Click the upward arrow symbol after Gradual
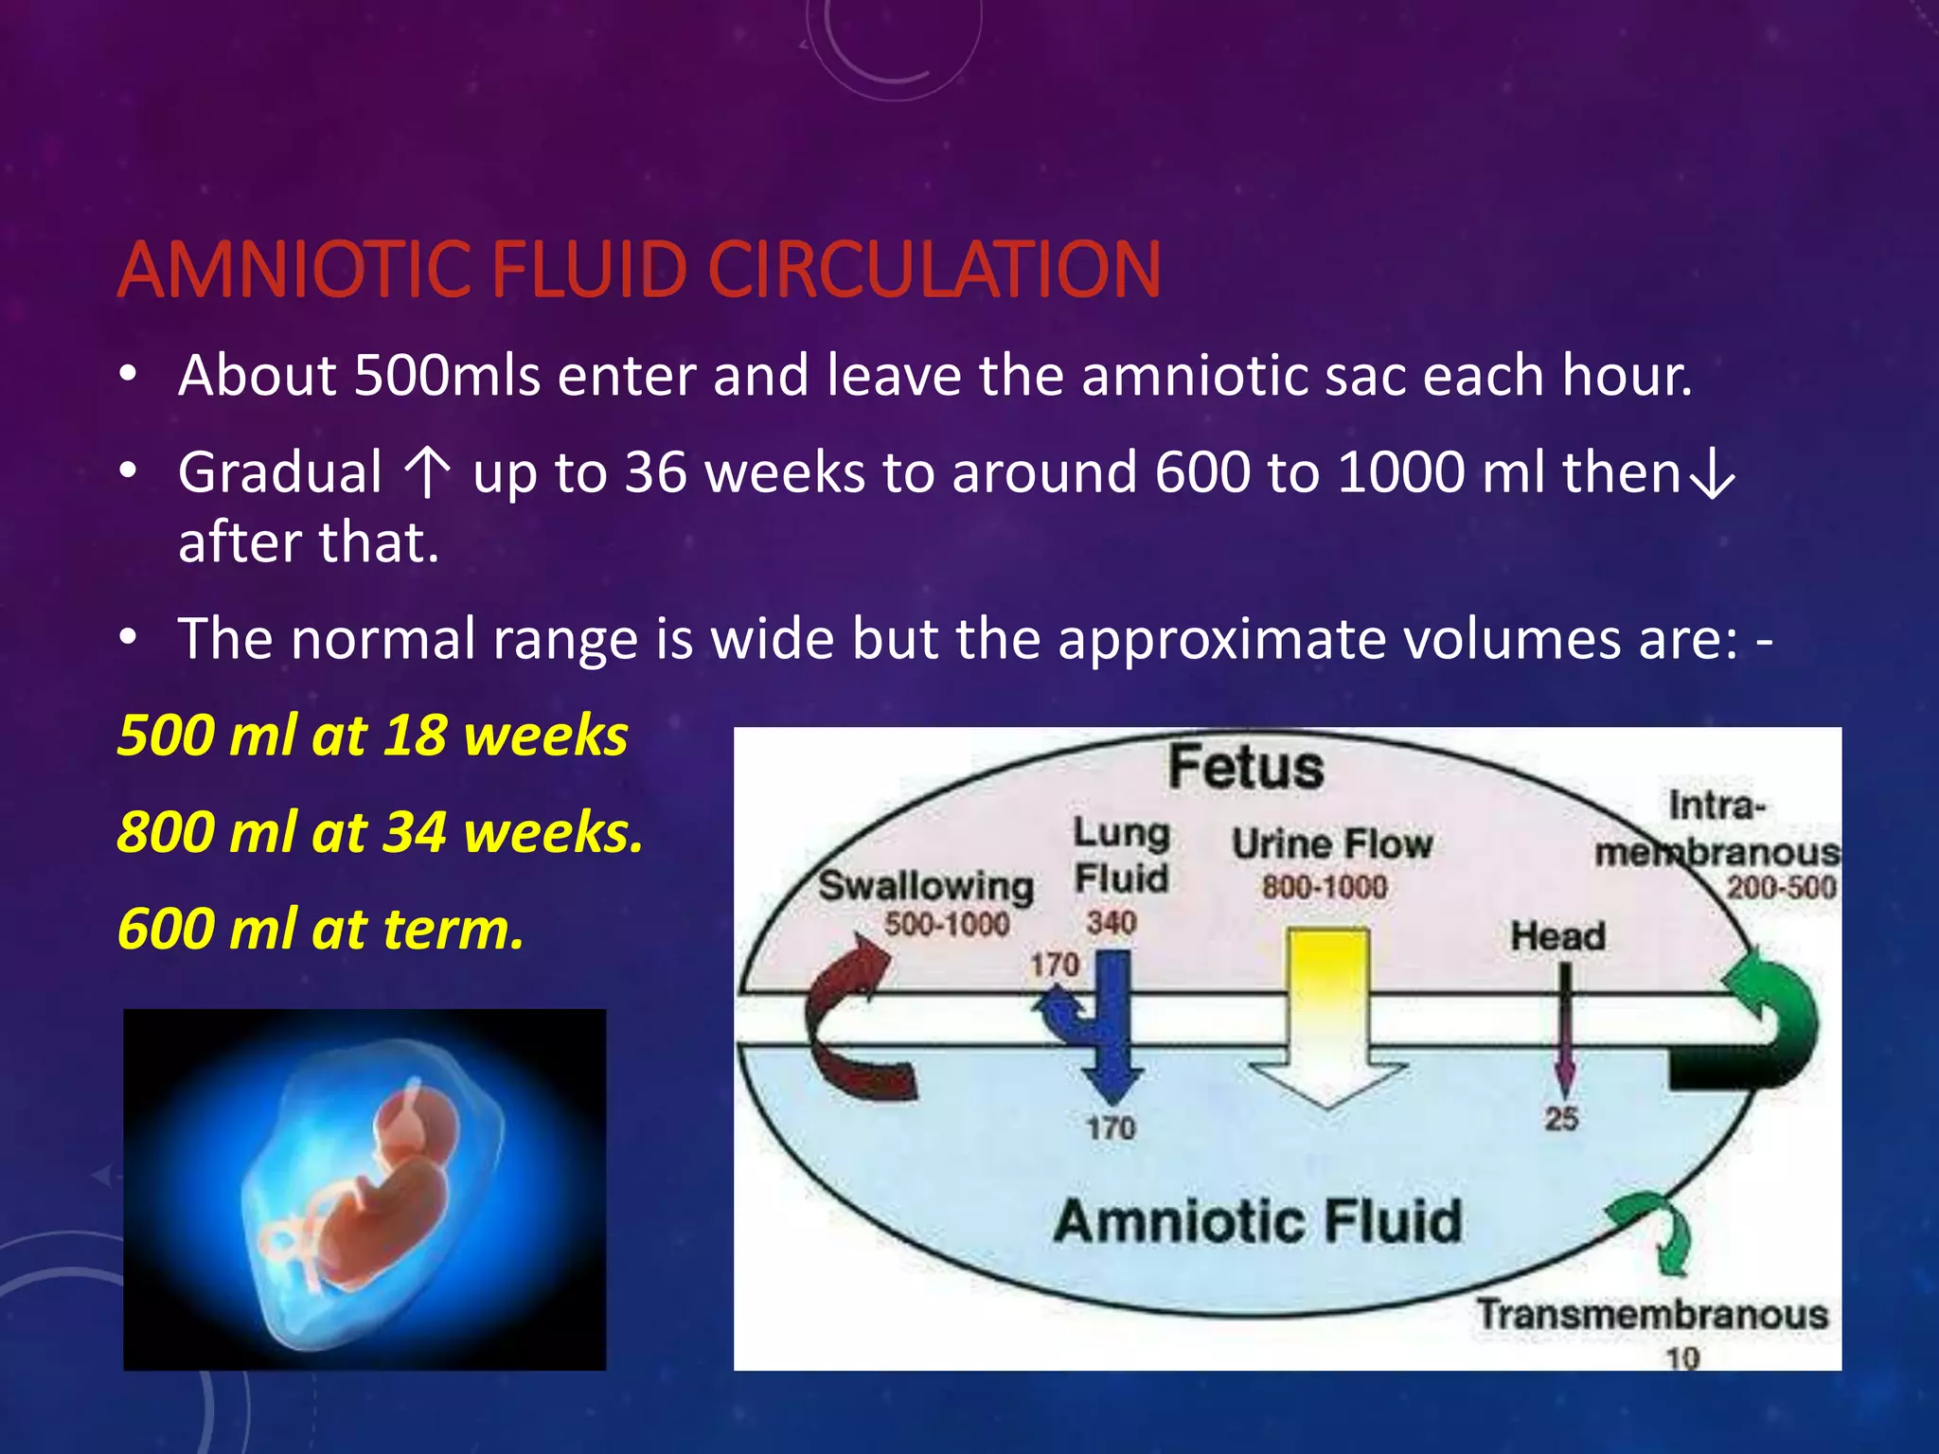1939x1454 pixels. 427,472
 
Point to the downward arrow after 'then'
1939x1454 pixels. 1713,476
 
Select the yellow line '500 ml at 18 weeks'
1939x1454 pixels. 372,736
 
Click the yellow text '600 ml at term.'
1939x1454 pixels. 320,929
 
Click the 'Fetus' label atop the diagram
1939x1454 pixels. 1245,767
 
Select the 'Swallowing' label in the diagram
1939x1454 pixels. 925,886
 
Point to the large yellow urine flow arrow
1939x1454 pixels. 1328,1013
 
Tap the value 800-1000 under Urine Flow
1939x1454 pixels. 1324,887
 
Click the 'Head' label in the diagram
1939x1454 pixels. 1557,936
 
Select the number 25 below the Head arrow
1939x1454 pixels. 1561,1119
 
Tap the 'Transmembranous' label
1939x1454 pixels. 1652,1314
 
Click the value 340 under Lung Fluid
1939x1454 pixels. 1111,921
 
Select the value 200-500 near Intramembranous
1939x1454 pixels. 1780,887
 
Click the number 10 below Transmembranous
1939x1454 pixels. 1682,1358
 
